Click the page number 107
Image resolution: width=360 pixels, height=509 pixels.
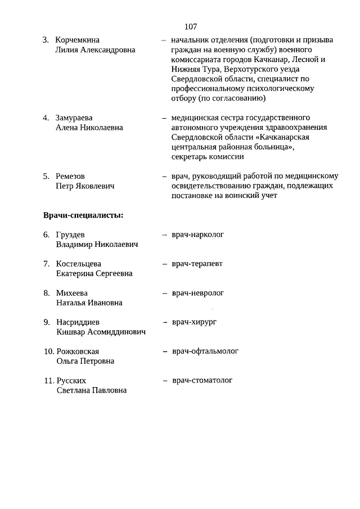pos(190,26)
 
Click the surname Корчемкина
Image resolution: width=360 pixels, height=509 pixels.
pos(78,40)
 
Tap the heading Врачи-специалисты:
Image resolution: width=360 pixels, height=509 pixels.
pos(83,215)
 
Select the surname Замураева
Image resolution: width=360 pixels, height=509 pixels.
pos(75,118)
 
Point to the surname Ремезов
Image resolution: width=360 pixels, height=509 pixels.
pos(71,176)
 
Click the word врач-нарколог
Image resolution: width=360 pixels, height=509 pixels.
pos(198,234)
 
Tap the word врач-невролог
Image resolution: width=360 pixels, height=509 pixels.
pos(198,292)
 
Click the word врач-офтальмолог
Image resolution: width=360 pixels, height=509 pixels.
pos(205,351)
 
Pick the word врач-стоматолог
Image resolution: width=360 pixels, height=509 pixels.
pos(202,380)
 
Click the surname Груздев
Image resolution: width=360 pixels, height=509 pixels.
pos(71,235)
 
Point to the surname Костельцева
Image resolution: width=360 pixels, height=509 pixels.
pos(79,264)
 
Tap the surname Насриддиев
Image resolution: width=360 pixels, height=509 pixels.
pos(78,322)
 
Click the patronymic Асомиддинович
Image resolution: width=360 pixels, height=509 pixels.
pos(116,332)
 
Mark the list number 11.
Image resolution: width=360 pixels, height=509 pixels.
pos(48,381)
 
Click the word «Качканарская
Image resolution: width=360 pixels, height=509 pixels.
pos(285,137)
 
